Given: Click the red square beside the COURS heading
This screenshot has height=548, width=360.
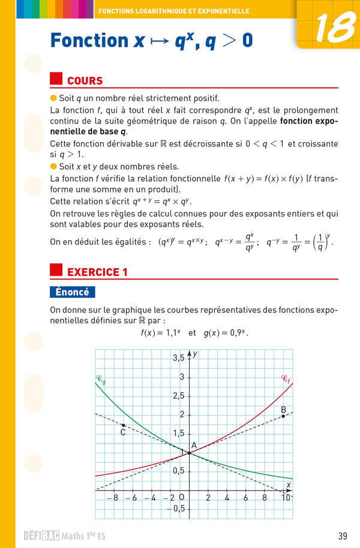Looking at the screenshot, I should click(x=56, y=80).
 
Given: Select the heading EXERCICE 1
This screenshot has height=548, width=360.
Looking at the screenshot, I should click(x=97, y=272).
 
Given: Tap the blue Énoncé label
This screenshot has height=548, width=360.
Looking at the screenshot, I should click(x=72, y=292).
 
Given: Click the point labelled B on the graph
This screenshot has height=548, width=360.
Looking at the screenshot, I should click(x=283, y=415).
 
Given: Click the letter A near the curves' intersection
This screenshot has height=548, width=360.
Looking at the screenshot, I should click(x=194, y=445).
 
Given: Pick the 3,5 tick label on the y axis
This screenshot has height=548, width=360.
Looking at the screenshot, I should click(x=178, y=358).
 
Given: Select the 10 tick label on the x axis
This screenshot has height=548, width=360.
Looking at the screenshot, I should click(x=286, y=497).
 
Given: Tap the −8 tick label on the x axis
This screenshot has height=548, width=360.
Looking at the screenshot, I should click(x=112, y=497).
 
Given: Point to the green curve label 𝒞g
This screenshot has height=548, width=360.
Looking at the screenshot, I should click(x=101, y=380).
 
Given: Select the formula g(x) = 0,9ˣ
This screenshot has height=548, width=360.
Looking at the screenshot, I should click(x=226, y=332).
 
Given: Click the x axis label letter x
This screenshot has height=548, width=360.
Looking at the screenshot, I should click(x=288, y=484).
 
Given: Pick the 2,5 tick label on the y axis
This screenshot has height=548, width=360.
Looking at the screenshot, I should click(x=178, y=396).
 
